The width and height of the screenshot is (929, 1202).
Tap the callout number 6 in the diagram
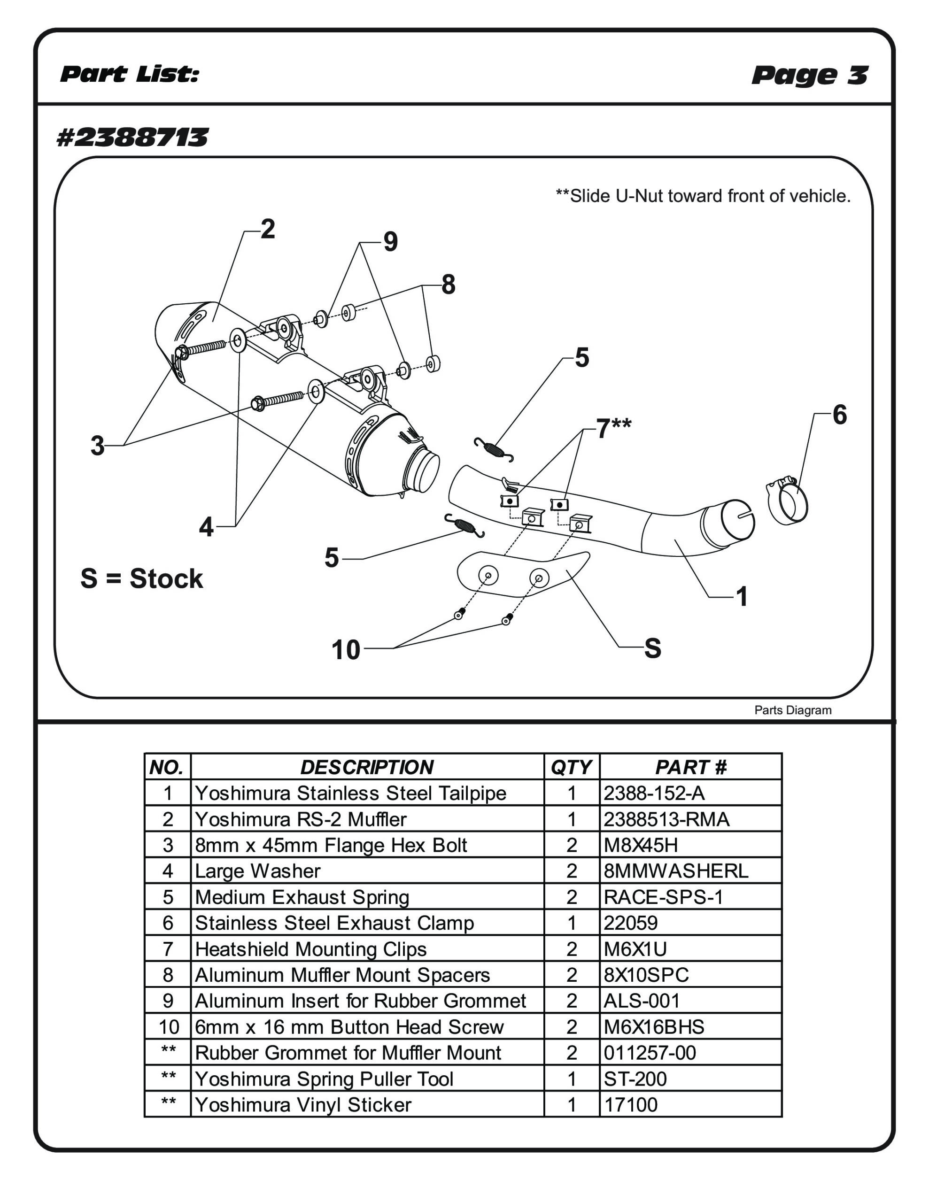(839, 415)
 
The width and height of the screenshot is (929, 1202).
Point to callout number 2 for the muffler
(268, 229)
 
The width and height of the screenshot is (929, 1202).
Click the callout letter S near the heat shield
(652, 648)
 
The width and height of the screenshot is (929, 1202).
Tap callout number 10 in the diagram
(346, 650)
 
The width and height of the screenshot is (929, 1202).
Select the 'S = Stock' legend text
(141, 579)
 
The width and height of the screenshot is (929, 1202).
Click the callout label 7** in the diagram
(613, 428)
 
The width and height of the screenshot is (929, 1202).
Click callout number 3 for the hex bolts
(98, 446)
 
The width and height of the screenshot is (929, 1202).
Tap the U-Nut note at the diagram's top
(703, 196)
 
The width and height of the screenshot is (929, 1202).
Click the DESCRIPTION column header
(367, 767)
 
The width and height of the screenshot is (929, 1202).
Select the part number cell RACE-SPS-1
(663, 898)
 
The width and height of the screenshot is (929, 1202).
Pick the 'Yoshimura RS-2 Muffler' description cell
(301, 819)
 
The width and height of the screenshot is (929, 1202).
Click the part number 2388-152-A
(654, 793)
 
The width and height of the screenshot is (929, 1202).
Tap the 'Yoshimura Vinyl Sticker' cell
(303, 1105)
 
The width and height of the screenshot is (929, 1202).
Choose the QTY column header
(571, 767)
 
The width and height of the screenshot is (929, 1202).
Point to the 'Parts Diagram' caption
(792, 710)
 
